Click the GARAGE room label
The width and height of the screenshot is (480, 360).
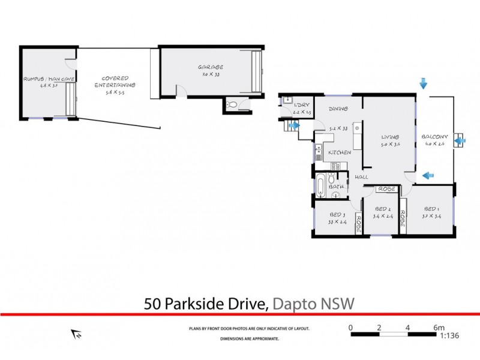[x=212, y=67]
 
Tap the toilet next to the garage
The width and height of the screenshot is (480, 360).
[x=233, y=104]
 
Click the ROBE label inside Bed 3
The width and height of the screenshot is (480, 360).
[x=359, y=223]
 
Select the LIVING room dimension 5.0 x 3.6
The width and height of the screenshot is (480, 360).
[x=390, y=145]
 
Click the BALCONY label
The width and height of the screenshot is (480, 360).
[x=433, y=135]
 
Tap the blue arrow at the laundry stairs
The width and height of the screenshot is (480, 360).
[x=294, y=125]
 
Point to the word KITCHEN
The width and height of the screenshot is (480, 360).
[x=339, y=152]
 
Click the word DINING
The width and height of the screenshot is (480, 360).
[x=340, y=110]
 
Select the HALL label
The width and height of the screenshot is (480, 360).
[x=361, y=177]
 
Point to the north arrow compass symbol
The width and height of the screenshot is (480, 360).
[x=77, y=334]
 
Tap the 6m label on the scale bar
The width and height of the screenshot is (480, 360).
[x=439, y=328]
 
